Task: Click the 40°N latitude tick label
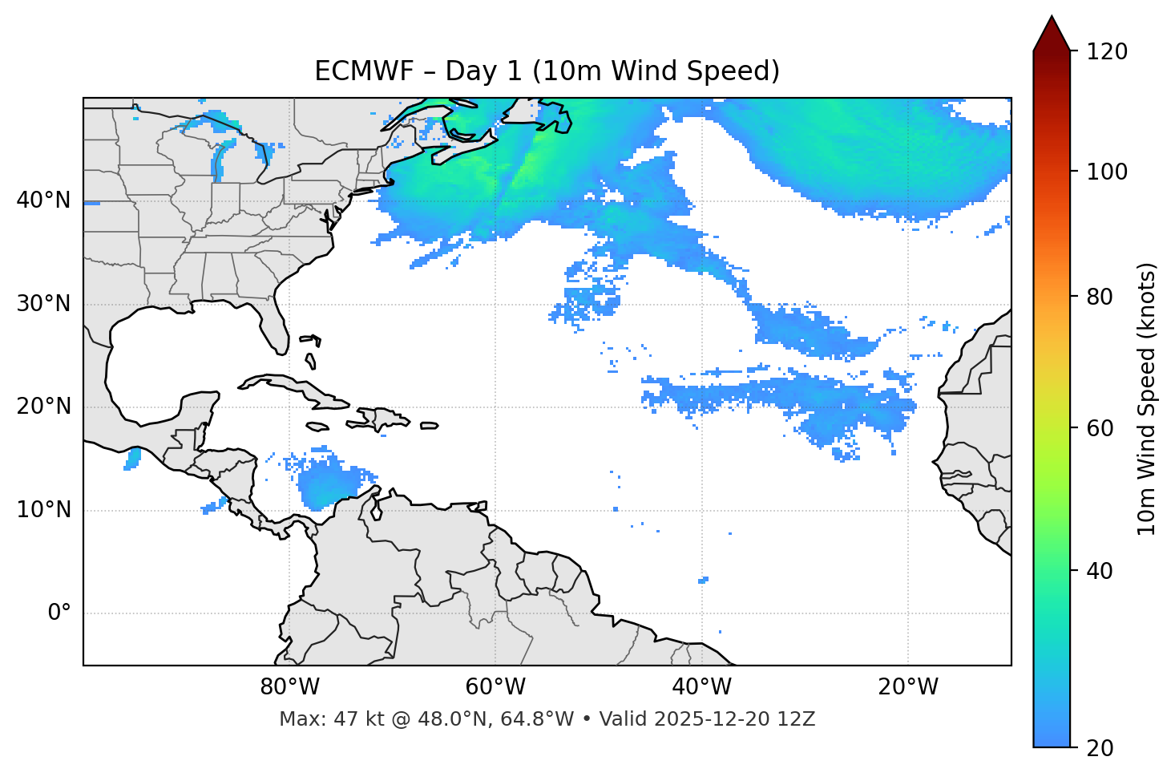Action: (43, 200)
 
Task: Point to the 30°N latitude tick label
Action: (43, 304)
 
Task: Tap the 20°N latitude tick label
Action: (43, 407)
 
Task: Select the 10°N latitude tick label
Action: (43, 510)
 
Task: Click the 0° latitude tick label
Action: (59, 613)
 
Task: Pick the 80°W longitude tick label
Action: (289, 687)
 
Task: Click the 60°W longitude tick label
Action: (495, 687)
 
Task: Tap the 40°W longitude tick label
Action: (701, 687)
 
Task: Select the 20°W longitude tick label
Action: (908, 687)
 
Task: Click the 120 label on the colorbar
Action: (1107, 52)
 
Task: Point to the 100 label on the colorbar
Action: (1107, 172)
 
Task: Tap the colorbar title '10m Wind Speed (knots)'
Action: (1146, 399)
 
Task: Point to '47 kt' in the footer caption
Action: (351, 719)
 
